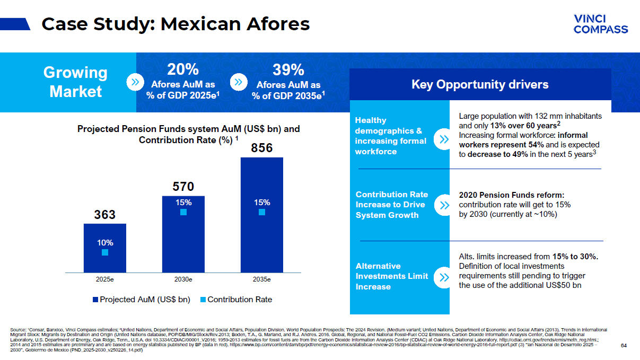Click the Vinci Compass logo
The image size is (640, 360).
[600, 24]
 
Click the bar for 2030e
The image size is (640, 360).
[183, 233]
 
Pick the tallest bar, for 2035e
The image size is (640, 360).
[261, 215]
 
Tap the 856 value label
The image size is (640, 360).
[261, 148]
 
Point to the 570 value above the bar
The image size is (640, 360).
[183, 187]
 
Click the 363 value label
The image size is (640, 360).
[104, 215]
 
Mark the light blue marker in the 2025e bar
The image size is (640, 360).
[105, 252]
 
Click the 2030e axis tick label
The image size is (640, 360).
[183, 279]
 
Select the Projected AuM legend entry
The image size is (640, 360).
[141, 300]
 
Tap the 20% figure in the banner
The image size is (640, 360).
[182, 69]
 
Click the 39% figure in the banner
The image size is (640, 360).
[288, 69]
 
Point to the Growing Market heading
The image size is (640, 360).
[75, 82]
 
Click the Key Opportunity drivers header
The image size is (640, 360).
[480, 84]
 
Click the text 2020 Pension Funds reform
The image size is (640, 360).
[511, 194]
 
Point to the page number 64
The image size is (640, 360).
[624, 346]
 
